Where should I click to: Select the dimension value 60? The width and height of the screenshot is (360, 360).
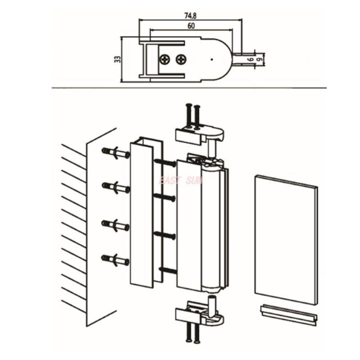pyautogui.click(x=191, y=26)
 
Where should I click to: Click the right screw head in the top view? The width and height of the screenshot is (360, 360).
pyautogui.click(x=181, y=58)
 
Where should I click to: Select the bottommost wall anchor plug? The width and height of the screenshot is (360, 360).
pyautogui.click(x=116, y=259)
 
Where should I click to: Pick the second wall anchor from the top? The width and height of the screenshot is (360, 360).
pyautogui.click(x=116, y=186)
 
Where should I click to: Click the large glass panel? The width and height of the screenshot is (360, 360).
pyautogui.click(x=286, y=238)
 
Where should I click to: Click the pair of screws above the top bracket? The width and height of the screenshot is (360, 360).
pyautogui.click(x=192, y=115)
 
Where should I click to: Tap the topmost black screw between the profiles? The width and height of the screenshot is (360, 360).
pyautogui.click(x=165, y=162)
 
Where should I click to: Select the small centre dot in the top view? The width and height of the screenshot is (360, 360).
pyautogui.click(x=211, y=58)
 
